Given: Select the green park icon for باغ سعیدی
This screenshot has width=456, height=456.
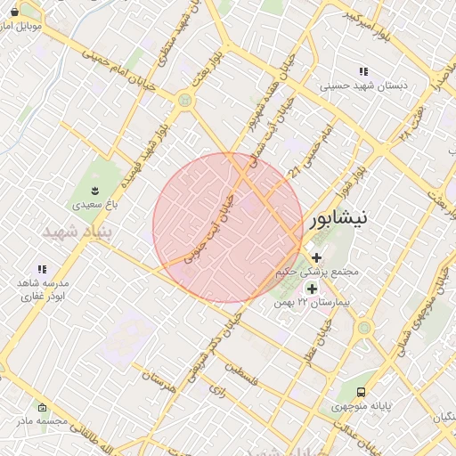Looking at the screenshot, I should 96,191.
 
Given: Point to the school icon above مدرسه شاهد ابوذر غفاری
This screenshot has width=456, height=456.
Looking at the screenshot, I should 41,269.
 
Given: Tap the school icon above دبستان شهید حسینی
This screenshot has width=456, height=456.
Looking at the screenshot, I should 362,71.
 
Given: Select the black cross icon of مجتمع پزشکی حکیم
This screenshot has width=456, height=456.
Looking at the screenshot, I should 316,257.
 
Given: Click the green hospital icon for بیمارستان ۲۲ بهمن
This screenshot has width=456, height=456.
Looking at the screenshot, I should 312,289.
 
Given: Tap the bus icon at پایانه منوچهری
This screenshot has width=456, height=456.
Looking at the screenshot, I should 361,392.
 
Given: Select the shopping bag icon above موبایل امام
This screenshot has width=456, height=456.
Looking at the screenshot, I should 14,12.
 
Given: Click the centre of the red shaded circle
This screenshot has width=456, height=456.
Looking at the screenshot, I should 228,227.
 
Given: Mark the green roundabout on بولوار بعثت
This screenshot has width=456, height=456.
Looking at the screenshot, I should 184,101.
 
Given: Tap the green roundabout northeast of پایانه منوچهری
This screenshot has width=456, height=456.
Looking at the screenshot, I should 363,328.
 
